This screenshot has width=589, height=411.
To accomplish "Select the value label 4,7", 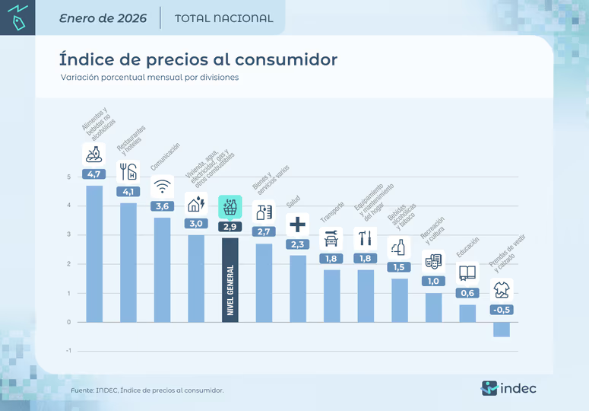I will [94, 174].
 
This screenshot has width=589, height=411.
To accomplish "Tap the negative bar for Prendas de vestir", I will [501, 330].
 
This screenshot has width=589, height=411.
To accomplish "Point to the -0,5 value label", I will [501, 310].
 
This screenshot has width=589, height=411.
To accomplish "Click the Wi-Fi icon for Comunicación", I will [162, 186].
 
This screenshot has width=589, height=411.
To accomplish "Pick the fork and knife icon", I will [128, 170].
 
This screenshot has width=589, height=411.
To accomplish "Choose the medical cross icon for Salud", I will [297, 225].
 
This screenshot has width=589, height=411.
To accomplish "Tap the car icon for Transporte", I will [331, 239].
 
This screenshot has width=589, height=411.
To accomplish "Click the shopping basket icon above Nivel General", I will [230, 207].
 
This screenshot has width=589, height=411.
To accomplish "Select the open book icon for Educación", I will [467, 273].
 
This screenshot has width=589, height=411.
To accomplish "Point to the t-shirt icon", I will [501, 290].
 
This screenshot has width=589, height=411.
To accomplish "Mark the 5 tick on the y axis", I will [69, 177].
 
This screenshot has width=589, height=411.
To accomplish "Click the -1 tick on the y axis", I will [68, 351].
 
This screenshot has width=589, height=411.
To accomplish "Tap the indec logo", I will [508, 388].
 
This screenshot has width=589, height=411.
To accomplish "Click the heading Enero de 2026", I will [103, 18].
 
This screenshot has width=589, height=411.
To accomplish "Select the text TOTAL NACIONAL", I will [223, 18].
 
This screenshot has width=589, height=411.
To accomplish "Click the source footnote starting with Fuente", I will [147, 390].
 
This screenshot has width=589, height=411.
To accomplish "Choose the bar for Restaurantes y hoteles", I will [128, 262].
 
